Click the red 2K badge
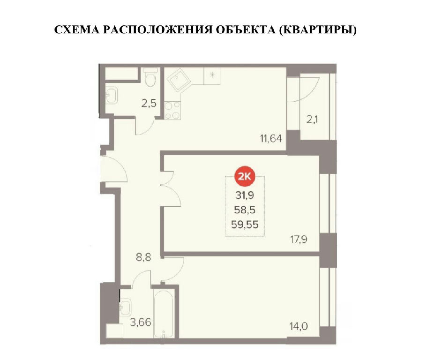coord(245,176)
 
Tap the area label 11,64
coord(271,138)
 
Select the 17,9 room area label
coord(299,239)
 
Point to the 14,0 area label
coord(299,327)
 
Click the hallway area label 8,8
coord(143,257)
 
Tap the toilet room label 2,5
coord(149,103)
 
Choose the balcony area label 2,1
coord(312,120)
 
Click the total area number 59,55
coord(245,225)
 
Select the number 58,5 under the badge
coord(245,210)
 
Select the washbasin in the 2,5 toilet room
coord(112,95)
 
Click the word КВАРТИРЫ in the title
coord(317,30)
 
